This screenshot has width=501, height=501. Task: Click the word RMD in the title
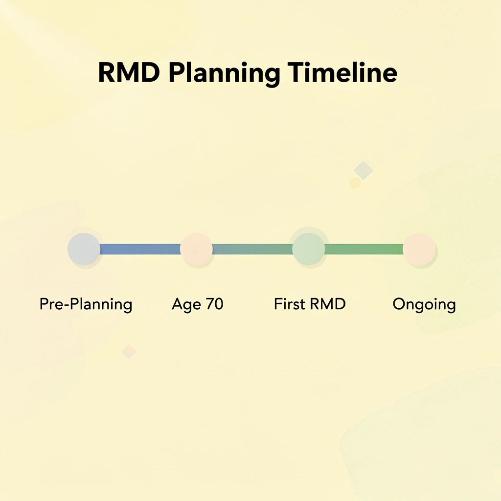(x=129, y=73)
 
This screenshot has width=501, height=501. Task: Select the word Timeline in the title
(x=342, y=73)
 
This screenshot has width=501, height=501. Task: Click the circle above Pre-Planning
(x=84, y=249)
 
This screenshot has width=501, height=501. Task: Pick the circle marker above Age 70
(x=196, y=249)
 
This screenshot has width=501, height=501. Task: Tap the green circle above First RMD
(x=308, y=249)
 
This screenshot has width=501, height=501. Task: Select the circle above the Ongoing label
(x=419, y=249)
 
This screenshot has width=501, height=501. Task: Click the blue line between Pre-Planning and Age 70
(x=140, y=249)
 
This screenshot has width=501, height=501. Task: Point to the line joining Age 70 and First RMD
(x=252, y=249)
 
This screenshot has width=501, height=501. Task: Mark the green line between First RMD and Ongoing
(x=364, y=249)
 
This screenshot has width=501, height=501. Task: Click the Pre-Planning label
(x=86, y=305)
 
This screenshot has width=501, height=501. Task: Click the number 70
(x=214, y=304)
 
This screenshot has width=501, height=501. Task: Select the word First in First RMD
(x=290, y=304)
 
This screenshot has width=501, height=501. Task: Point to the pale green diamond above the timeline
(x=364, y=170)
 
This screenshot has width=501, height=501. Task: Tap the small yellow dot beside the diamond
(x=355, y=183)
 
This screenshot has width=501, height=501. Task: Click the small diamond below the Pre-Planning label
(x=129, y=351)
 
